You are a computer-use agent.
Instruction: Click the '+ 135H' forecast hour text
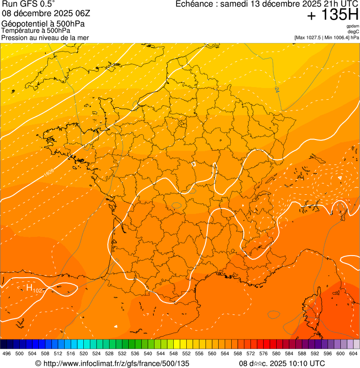coord(333,16)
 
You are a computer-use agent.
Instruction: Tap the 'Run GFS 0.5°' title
coord(28,5)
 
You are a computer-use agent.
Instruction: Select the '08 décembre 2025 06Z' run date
coord(43,14)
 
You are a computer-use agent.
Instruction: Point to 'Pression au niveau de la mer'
coord(45,37)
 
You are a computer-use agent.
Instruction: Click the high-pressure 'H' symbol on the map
coord(29,288)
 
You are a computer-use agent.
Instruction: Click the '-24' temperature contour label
coord(277,89)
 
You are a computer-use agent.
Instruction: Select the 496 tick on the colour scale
coord(7,354)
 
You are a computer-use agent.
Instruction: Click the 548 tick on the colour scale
coord(173,354)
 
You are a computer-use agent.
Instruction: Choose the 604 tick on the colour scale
coord(353,354)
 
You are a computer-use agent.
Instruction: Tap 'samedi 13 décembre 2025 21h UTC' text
coord(283,5)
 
